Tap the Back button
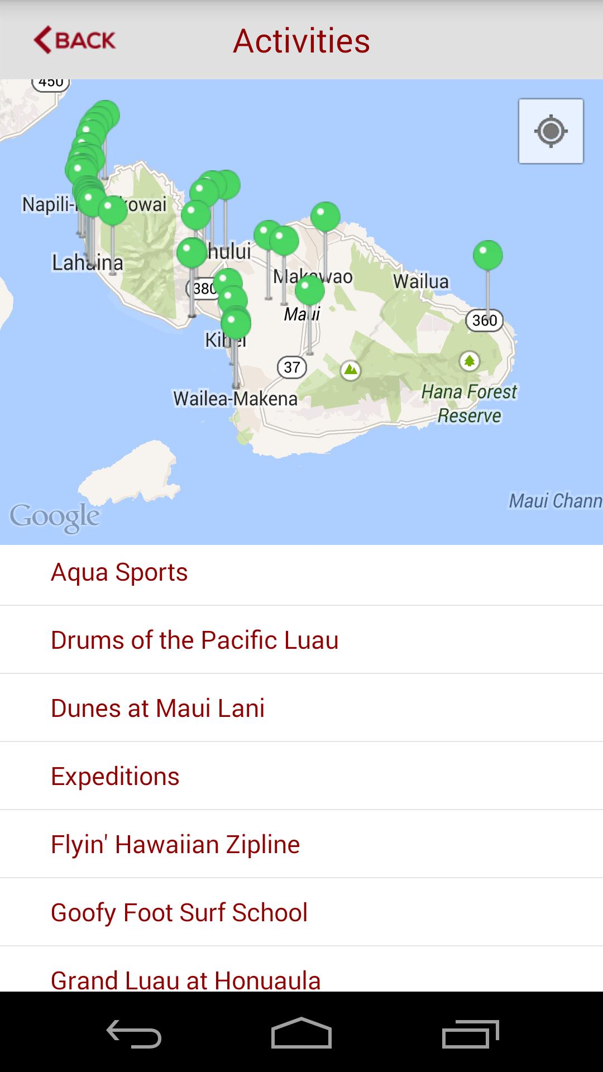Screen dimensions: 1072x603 pos(75,40)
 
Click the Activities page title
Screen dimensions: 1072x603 pos(301,41)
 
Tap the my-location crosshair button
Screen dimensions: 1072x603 pos(551,131)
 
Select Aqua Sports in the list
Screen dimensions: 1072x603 pos(119,572)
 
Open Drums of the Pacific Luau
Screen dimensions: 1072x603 pos(194,640)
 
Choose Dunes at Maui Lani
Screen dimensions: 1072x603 pos(157,708)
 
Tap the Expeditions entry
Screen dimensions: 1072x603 pos(115,776)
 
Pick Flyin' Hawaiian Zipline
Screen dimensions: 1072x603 pos(175,844)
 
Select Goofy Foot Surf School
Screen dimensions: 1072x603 pos(179,912)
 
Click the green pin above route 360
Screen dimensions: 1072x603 pos(487,255)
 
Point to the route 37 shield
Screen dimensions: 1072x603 pos(292,367)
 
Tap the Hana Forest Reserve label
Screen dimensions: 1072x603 pos(469,403)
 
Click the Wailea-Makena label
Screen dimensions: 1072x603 pos(235,399)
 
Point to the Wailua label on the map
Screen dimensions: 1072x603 pos(420,281)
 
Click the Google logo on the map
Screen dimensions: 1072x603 pos(55,516)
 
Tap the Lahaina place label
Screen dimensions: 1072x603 pos(87,262)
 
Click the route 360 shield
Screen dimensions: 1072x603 pos(484,320)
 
